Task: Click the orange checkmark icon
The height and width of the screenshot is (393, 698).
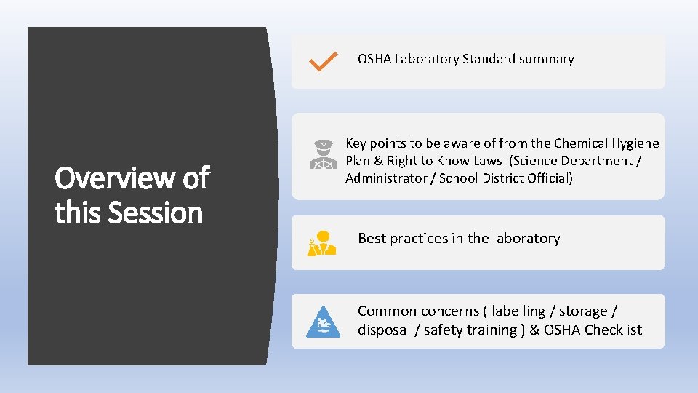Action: click(x=321, y=61)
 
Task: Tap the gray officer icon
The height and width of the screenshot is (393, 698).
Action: click(x=321, y=155)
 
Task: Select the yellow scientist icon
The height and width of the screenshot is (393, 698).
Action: click(x=321, y=242)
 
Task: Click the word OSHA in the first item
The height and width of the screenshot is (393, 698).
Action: click(x=374, y=59)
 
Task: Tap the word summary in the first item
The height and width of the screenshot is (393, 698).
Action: click(x=547, y=59)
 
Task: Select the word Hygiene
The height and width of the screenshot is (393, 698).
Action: click(x=635, y=143)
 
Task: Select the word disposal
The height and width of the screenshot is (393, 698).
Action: click(x=385, y=330)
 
